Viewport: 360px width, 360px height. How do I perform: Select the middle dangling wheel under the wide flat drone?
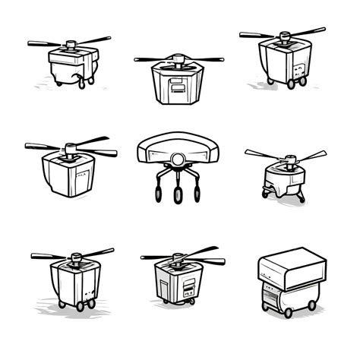pos(178,196)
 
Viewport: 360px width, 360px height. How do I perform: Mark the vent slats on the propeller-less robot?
pos(270,296)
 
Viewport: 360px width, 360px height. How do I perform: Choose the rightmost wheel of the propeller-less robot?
pos(311,305)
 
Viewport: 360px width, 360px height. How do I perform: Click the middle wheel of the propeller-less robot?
pos(287,310)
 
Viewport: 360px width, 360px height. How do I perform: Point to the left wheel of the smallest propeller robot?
pos(265,194)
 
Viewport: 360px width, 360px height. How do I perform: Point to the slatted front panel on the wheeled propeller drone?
pos(187,287)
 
